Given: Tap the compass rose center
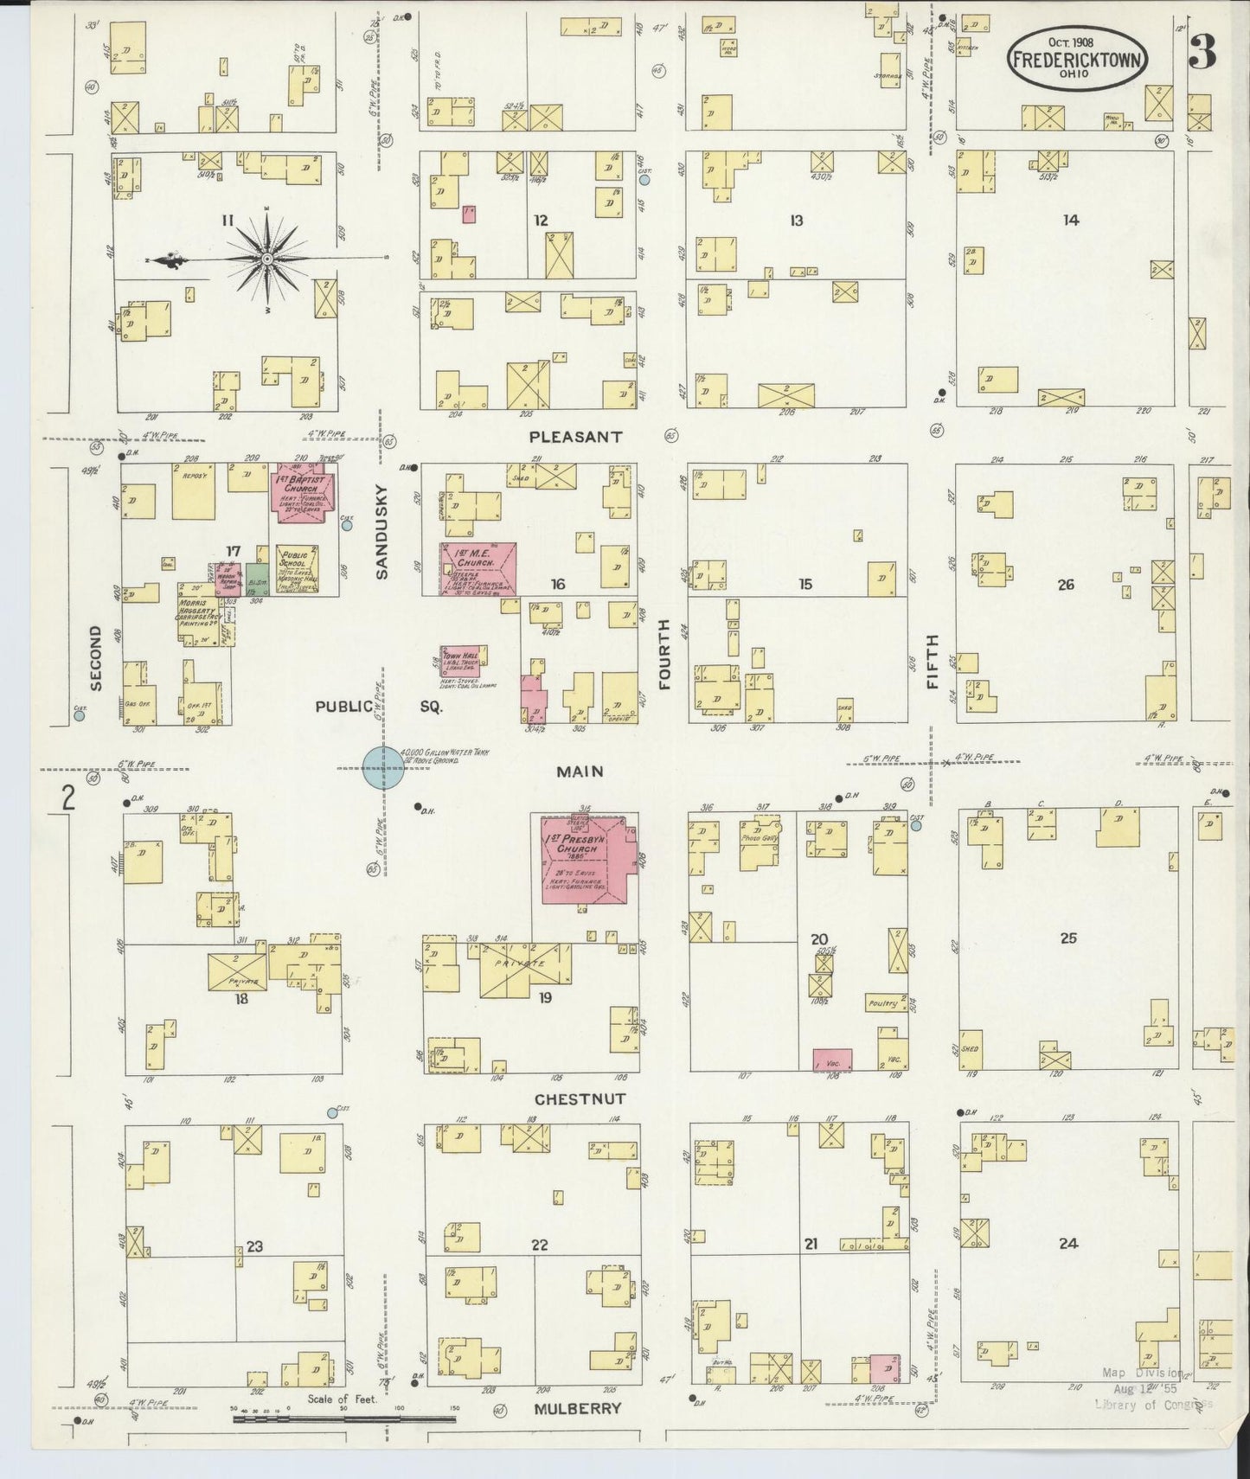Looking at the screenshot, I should tap(267, 258).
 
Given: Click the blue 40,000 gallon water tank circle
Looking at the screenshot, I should tap(382, 766).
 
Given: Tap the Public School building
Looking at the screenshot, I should tap(297, 569).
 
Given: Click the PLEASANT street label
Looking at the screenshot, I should tap(575, 437).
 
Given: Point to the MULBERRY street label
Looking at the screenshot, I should tap(577, 1408).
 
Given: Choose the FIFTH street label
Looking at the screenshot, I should tap(933, 661).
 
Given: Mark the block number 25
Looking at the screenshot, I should tap(1068, 938).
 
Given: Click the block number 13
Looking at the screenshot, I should tap(796, 221).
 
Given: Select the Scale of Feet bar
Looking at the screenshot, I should tap(343, 1418).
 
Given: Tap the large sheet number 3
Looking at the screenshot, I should tap(1202, 54).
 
